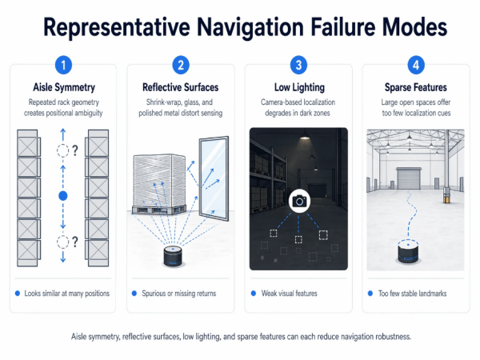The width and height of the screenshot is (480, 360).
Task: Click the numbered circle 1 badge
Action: click(x=62, y=64)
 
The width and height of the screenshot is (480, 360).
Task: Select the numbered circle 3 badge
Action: click(x=299, y=64)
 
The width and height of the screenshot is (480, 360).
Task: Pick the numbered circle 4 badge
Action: click(x=416, y=64)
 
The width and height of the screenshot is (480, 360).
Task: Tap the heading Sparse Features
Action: click(x=416, y=87)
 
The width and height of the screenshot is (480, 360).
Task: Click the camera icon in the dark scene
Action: click(x=299, y=201)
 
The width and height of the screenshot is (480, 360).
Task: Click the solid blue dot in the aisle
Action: click(x=63, y=195)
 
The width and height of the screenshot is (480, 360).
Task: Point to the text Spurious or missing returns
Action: click(x=178, y=294)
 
